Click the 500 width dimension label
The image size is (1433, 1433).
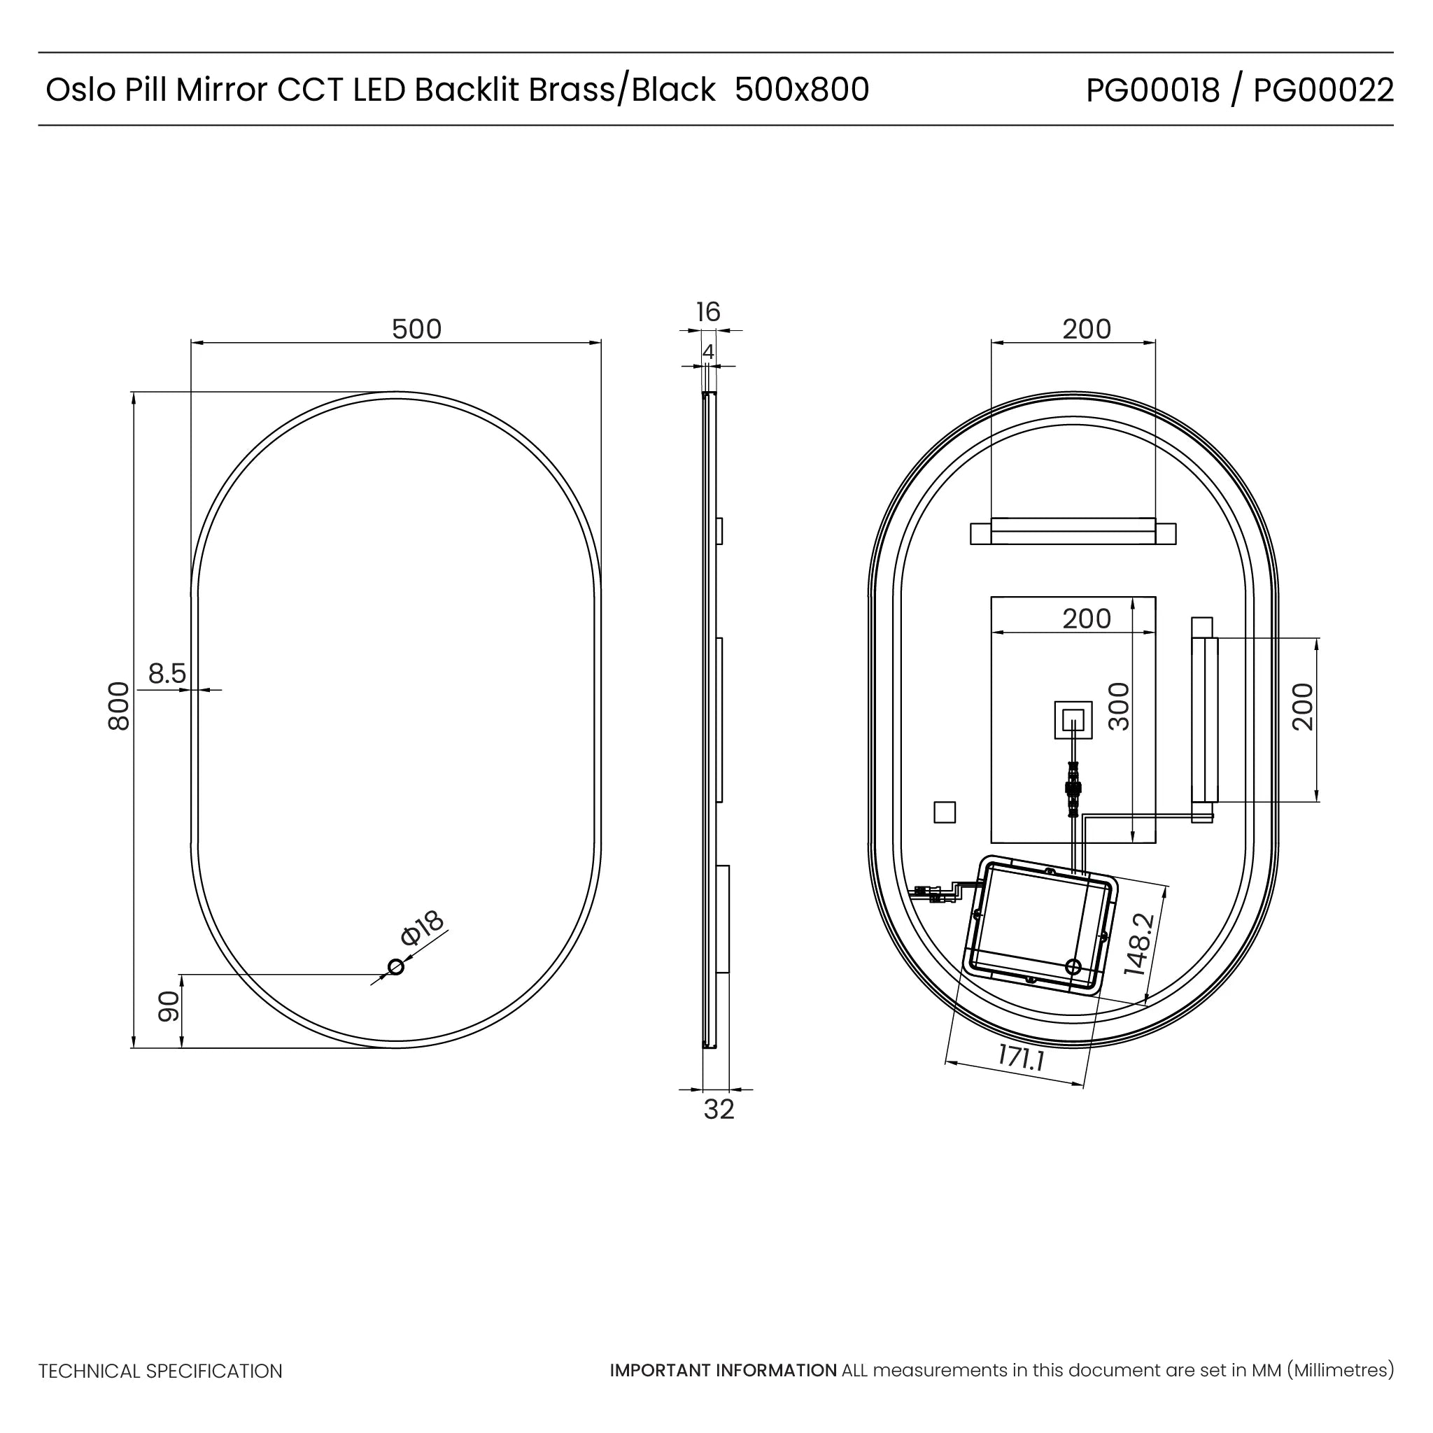pos(416,329)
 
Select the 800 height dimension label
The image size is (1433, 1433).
pos(119,707)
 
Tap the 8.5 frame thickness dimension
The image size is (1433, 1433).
pos(167,674)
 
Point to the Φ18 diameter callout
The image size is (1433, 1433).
pos(422,928)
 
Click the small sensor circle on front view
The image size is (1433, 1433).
pos(396,966)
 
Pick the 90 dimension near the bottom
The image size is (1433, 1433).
pos(169,1006)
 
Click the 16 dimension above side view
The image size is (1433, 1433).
pos(707,311)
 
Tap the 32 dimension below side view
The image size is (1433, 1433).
pos(718,1110)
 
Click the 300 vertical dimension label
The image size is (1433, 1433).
pos(1119,707)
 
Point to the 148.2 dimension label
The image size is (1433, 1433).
pos(1139,944)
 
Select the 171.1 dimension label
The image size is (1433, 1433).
pos(1021,1058)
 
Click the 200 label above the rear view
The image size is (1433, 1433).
pos(1087,329)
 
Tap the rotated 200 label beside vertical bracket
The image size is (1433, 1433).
pos(1302,707)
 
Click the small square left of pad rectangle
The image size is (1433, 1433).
pos(944,812)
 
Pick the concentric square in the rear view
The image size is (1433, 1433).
pos(1073,719)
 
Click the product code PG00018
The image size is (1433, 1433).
pos(1152,90)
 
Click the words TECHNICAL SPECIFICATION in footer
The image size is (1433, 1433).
pos(160,1371)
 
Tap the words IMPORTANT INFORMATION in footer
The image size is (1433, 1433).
pos(723,1371)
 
